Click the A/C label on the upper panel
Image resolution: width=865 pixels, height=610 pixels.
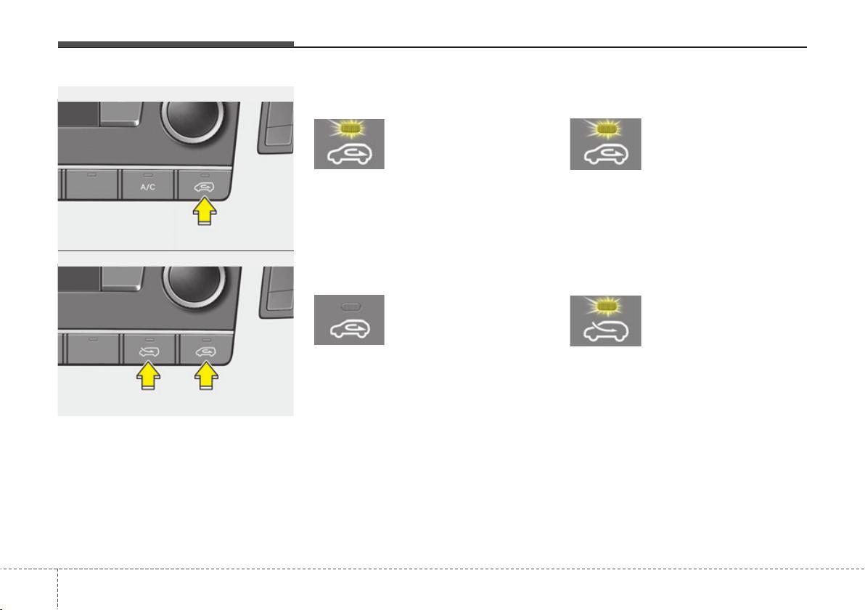pyautogui.click(x=148, y=187)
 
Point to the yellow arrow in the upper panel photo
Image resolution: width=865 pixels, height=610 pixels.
pyautogui.click(x=205, y=211)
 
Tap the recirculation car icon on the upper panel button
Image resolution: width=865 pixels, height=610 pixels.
pyautogui.click(x=205, y=187)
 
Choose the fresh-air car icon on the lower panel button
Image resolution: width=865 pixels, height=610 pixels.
pyautogui.click(x=148, y=351)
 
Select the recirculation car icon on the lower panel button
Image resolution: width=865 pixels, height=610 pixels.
pyautogui.click(x=206, y=351)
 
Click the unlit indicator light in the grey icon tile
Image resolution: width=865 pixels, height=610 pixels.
pyautogui.click(x=350, y=306)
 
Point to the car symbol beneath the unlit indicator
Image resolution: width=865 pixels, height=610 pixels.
pyautogui.click(x=350, y=329)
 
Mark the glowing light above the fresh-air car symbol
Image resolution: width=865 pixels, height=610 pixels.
pyautogui.click(x=606, y=306)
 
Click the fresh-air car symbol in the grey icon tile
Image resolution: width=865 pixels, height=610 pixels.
pyautogui.click(x=606, y=330)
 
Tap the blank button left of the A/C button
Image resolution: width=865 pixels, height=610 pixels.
pyautogui.click(x=92, y=184)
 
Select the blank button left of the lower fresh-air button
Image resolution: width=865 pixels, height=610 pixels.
pyautogui.click(x=93, y=349)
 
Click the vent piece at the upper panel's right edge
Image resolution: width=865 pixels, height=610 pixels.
pyautogui.click(x=276, y=128)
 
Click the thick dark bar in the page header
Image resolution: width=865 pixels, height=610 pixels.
pyautogui.click(x=176, y=45)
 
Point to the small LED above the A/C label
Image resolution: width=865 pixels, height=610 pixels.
pyautogui.click(x=148, y=175)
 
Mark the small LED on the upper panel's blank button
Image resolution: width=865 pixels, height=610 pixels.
pyautogui.click(x=92, y=174)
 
